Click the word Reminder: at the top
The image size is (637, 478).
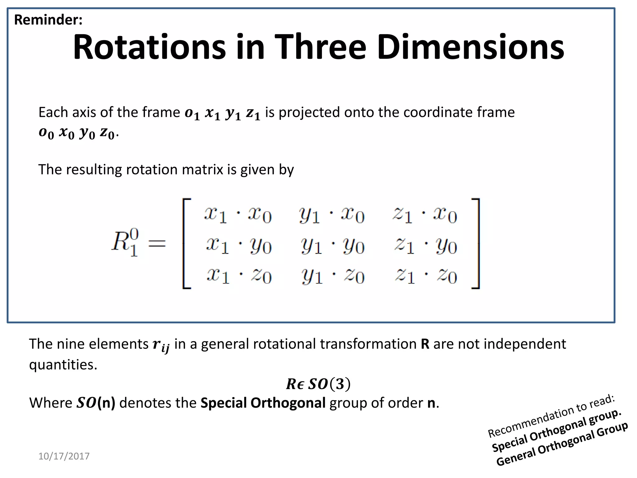(48, 20)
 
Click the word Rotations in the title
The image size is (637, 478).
(149, 47)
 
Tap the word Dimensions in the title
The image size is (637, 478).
(471, 47)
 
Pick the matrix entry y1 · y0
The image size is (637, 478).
(332, 246)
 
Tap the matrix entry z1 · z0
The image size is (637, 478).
(426, 276)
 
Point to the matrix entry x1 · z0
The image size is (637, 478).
(239, 276)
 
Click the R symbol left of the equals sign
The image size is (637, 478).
(124, 242)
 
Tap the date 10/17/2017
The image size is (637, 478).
(64, 456)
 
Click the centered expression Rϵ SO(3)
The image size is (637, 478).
(318, 384)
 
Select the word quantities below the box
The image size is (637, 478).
(63, 365)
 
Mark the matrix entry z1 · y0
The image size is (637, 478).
(426, 246)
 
